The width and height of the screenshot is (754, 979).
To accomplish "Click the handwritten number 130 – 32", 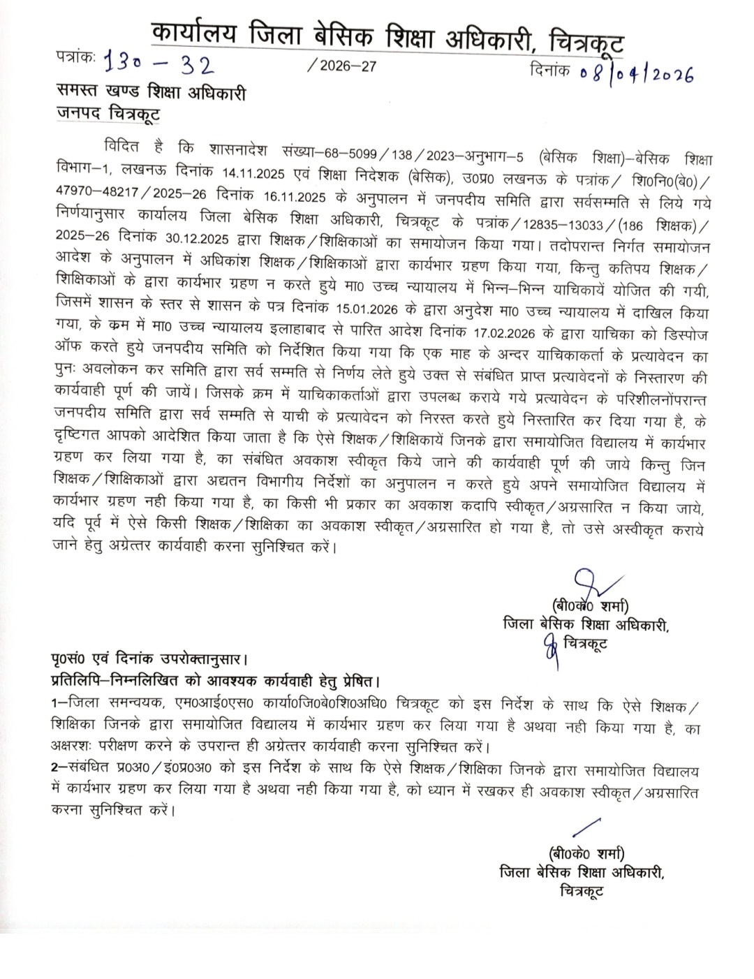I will click(x=158, y=65).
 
